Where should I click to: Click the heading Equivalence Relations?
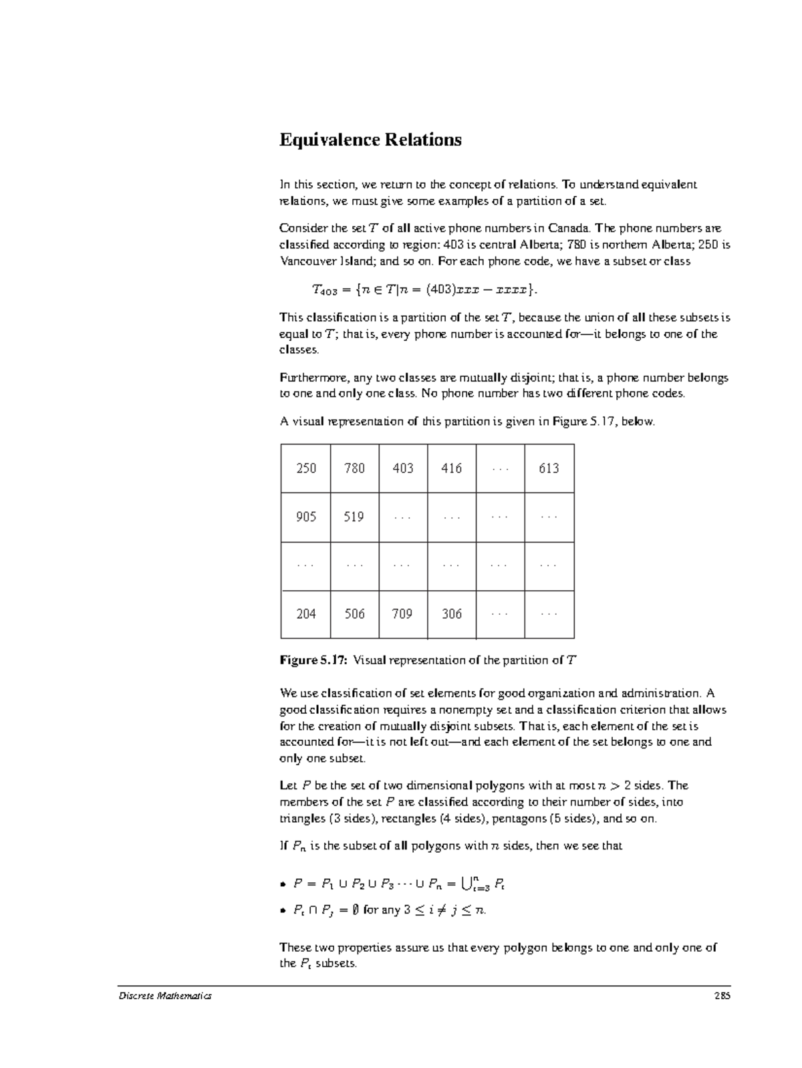pyautogui.click(x=370, y=140)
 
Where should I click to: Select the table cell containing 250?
pyautogui.click(x=306, y=469)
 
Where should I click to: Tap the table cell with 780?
pyautogui.click(x=354, y=469)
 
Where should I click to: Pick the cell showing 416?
pyautogui.click(x=452, y=469)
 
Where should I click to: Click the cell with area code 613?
pyautogui.click(x=549, y=469)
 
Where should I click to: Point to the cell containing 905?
pyautogui.click(x=306, y=517)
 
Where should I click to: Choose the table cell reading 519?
pyautogui.click(x=354, y=517)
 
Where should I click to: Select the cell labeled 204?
pyautogui.click(x=306, y=614)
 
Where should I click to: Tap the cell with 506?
pyautogui.click(x=354, y=614)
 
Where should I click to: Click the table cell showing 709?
pyautogui.click(x=402, y=614)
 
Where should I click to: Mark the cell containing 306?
pyautogui.click(x=452, y=614)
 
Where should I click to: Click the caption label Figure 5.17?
pyautogui.click(x=313, y=661)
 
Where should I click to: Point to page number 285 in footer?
pyautogui.click(x=722, y=996)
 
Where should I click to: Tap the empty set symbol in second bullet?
pyautogui.click(x=356, y=910)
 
